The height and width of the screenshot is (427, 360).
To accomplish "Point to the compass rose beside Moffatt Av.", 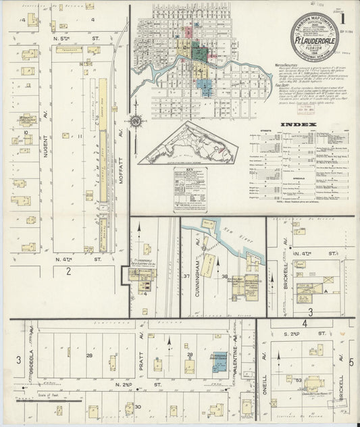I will click(136, 122).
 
